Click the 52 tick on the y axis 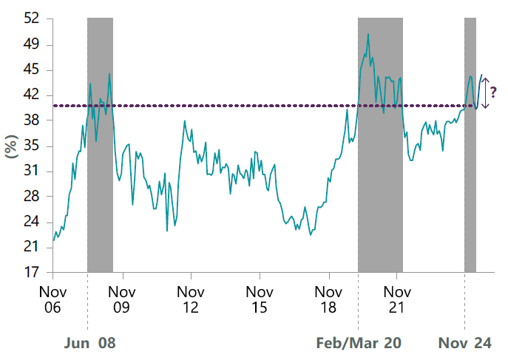[30, 18]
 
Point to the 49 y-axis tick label [30, 44]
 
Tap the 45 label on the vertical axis [30, 70]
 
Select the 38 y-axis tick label [30, 120]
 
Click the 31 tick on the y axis [30, 171]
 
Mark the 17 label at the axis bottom [30, 272]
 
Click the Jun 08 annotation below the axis [91, 344]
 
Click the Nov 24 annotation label [464, 344]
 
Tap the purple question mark [494, 92]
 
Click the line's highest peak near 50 [368, 34]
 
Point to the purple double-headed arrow [485, 93]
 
